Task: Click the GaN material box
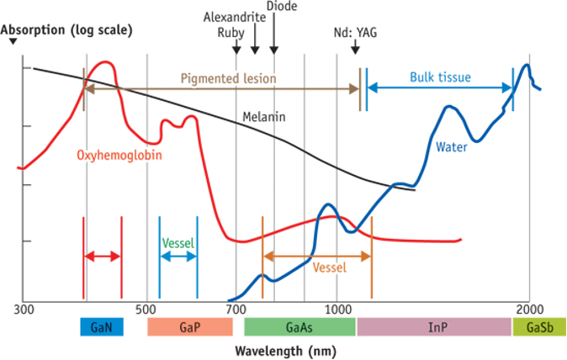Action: point(102,327)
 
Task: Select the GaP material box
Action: point(189,327)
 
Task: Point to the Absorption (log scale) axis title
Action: point(67,29)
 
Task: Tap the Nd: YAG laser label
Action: point(355,34)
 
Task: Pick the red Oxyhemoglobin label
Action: point(119,156)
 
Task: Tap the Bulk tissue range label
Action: point(440,77)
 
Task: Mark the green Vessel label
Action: point(178,243)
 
